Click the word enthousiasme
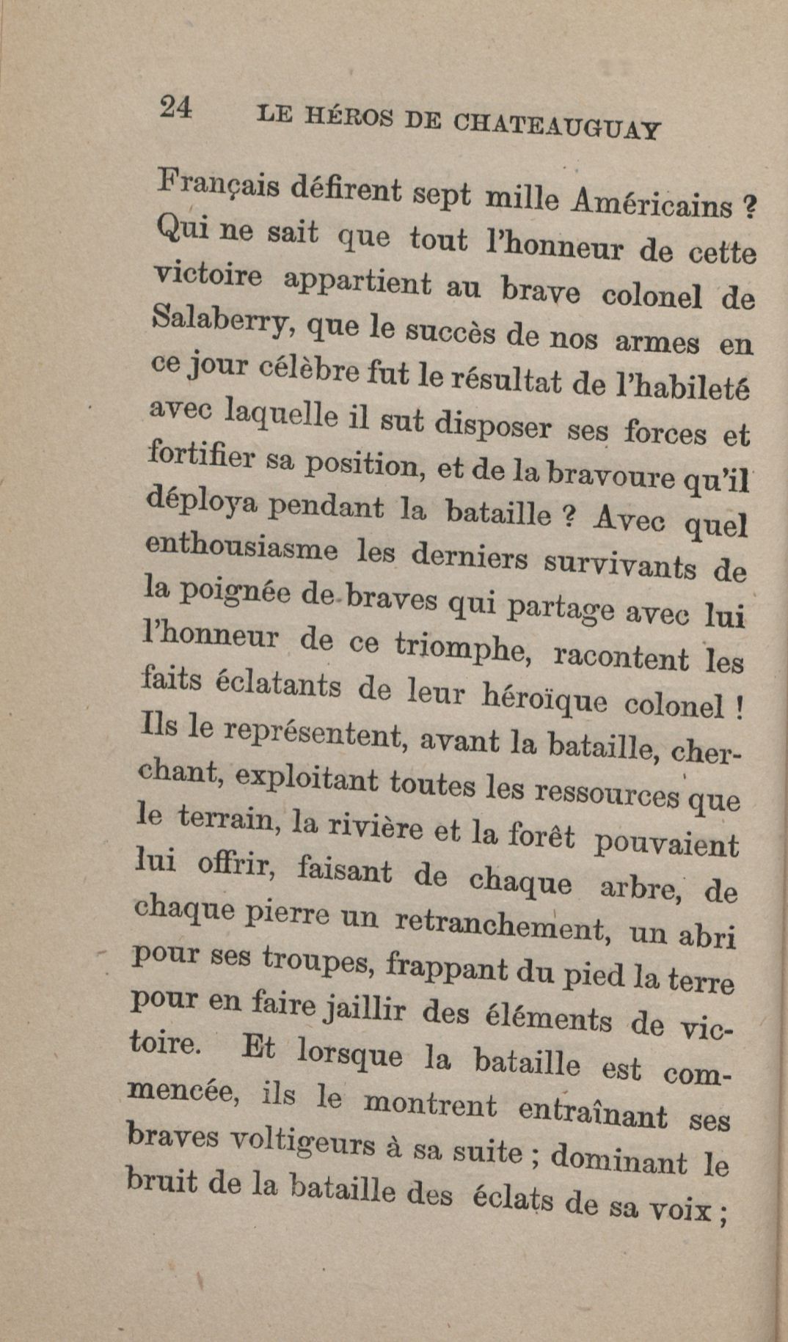click(x=241, y=543)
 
